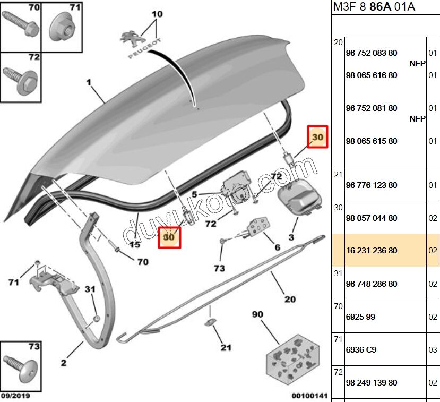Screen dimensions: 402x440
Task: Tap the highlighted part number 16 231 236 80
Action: (x=371, y=251)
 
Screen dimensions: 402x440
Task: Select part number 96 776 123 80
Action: (x=371, y=185)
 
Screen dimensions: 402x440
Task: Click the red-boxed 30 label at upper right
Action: (x=318, y=137)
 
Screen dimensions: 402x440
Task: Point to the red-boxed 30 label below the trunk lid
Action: (x=169, y=237)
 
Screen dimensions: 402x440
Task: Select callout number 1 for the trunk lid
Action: (x=89, y=82)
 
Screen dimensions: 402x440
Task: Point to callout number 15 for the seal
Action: (x=135, y=245)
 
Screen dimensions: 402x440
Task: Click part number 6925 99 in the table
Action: (x=360, y=317)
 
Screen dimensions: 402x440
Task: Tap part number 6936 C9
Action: (x=360, y=350)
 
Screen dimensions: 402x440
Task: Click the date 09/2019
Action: (x=15, y=396)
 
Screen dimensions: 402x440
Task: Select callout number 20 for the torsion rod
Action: (x=290, y=300)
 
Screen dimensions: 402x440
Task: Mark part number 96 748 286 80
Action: (x=371, y=284)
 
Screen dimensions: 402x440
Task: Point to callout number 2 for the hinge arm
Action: (x=64, y=363)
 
